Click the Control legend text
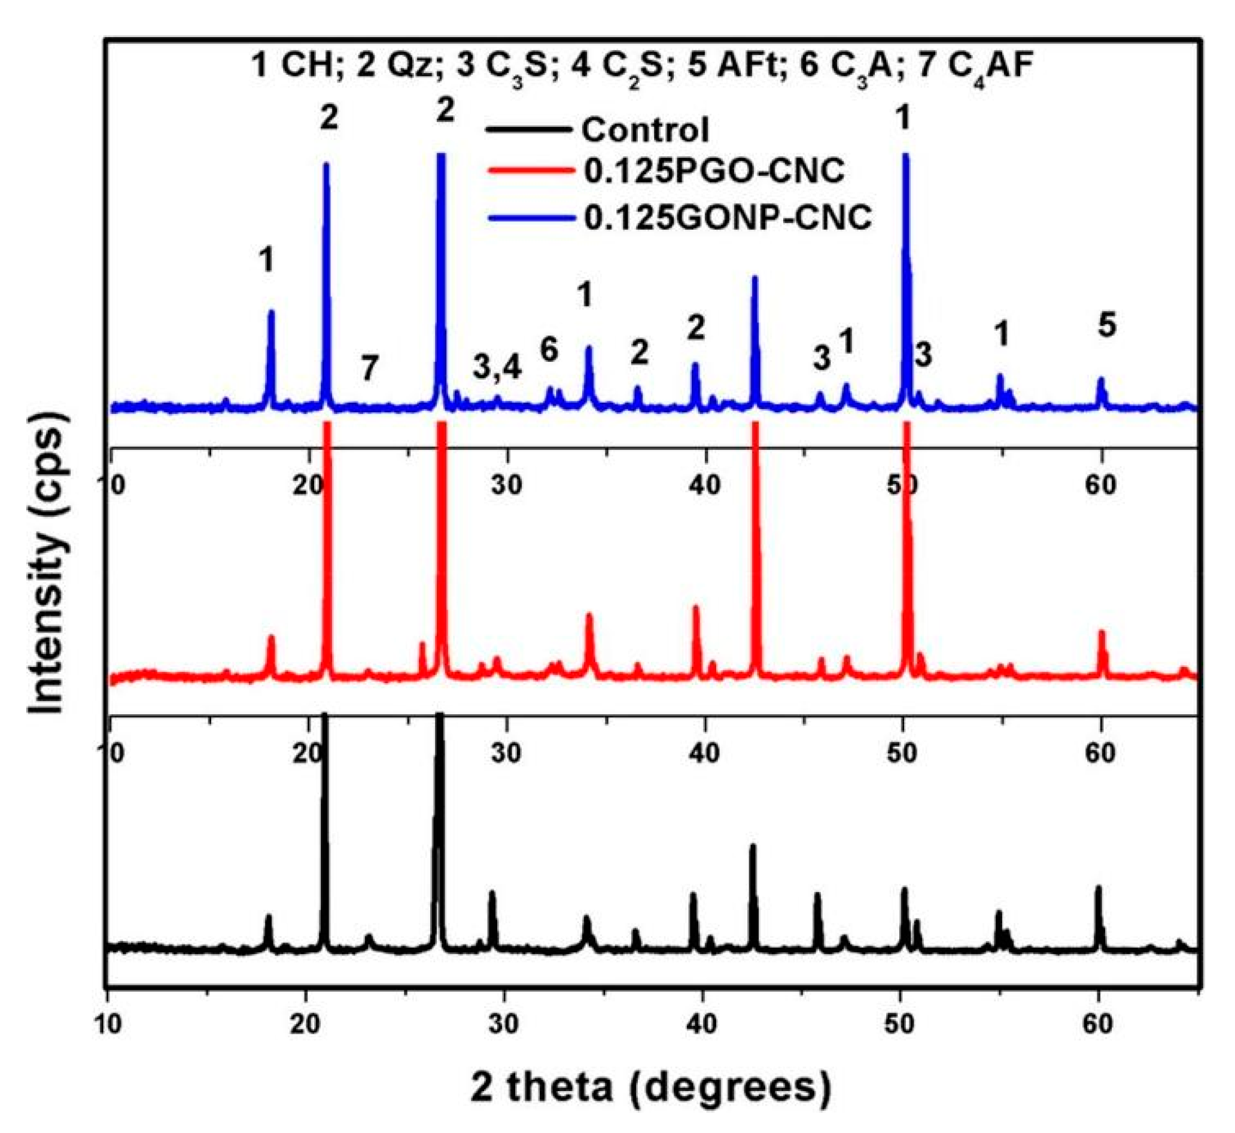[x=644, y=130]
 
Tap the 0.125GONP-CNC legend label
[x=727, y=217]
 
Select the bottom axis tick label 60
[x=1098, y=1025]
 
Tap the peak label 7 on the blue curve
[x=368, y=368]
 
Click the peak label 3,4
[x=497, y=367]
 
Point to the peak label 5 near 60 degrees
[x=1106, y=325]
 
